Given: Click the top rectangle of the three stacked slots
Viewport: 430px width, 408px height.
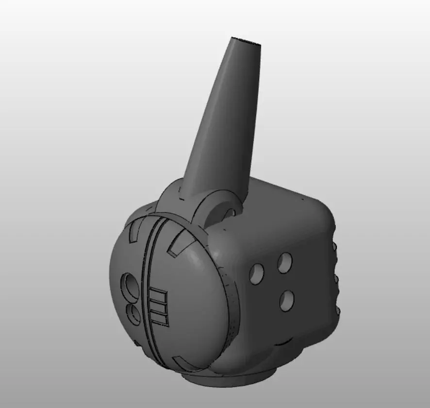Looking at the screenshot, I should [159, 296].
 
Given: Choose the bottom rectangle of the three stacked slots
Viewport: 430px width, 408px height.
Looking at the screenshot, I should [160, 320].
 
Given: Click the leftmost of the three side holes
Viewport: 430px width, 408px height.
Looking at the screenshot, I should [256, 274].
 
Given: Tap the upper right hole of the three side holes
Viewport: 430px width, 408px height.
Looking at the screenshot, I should [285, 263].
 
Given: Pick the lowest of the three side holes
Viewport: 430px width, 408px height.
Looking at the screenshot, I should [287, 300].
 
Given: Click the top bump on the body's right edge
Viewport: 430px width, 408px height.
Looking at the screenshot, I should [334, 247].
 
